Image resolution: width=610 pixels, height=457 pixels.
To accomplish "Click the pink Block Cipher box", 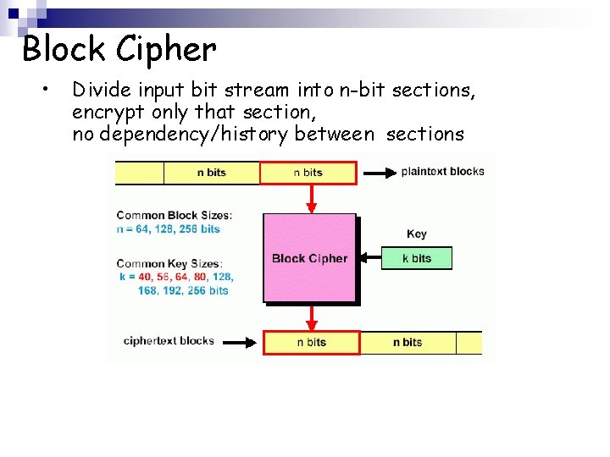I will (309, 258).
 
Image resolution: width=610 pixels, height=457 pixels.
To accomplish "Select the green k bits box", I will (416, 258).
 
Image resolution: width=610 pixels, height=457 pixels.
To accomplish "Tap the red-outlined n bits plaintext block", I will (308, 173).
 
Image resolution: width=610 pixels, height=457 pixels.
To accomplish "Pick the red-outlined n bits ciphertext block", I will (311, 342).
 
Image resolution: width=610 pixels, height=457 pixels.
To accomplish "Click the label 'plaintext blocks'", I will (442, 171).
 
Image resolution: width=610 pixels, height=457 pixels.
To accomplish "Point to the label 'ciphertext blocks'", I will (169, 341).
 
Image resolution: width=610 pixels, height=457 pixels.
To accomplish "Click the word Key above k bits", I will (417, 234).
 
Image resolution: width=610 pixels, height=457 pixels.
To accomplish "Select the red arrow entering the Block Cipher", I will (311, 199).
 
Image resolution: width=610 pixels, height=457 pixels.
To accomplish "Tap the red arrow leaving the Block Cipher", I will (311, 317).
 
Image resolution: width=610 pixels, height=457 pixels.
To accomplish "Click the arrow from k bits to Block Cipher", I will (369, 258).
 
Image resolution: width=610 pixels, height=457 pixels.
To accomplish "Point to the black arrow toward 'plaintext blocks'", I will (377, 173).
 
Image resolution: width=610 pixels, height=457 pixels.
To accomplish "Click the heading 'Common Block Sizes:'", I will (174, 215).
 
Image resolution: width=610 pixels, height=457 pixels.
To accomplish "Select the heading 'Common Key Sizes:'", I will (169, 264).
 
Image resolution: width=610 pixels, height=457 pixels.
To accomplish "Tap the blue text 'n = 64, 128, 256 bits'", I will (168, 228).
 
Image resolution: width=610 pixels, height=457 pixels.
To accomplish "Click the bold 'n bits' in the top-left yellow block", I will (211, 173).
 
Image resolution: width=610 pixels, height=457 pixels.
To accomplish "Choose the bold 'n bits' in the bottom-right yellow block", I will (408, 342).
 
